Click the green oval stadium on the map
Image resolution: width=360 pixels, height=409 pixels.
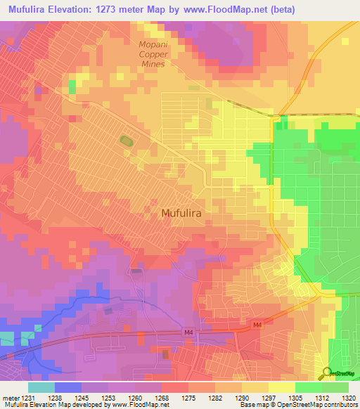click(x=126, y=142)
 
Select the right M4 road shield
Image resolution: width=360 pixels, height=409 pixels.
click(x=257, y=325)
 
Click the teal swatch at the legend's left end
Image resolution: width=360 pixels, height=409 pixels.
click(x=41, y=387)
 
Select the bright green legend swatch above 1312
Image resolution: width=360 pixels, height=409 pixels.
click(x=309, y=387)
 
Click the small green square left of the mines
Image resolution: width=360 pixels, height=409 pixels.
click(x=72, y=86)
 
